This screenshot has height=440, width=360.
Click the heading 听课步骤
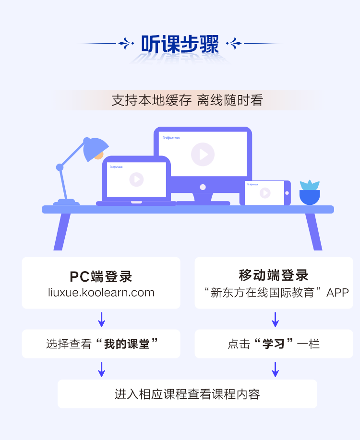click(x=180, y=44)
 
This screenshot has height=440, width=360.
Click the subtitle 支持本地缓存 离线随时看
click(x=187, y=101)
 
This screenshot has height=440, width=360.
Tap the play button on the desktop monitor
click(x=203, y=154)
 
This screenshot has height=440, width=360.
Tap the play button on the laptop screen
click(x=136, y=179)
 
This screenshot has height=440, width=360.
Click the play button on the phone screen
click(x=265, y=193)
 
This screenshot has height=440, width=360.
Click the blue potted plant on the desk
click(x=310, y=193)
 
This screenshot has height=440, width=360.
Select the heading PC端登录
click(x=101, y=277)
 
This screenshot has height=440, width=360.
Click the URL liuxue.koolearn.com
click(x=101, y=292)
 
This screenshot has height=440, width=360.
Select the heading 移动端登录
click(x=274, y=275)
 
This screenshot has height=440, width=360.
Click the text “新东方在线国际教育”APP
click(x=276, y=292)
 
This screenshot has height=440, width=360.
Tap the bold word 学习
click(x=274, y=344)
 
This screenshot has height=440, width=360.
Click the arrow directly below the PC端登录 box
click(x=101, y=319)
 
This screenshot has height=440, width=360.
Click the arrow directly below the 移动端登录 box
click(x=275, y=319)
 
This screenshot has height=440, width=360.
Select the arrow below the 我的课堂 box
click(x=101, y=369)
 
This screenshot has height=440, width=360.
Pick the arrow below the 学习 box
click(x=275, y=369)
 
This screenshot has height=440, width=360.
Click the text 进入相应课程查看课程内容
click(x=187, y=394)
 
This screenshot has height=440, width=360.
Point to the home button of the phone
click(x=287, y=193)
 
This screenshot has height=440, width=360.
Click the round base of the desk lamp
click(x=66, y=202)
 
